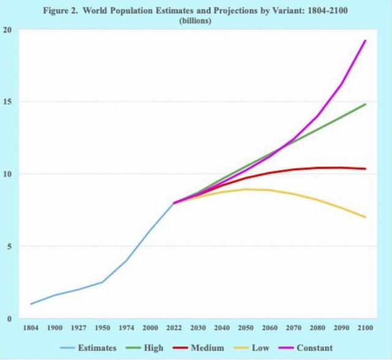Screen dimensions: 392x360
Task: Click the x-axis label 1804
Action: (31, 328)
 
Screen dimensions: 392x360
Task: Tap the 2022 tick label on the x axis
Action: (174, 328)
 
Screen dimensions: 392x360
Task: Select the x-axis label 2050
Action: (246, 328)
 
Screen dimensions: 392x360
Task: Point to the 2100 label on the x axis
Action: (365, 328)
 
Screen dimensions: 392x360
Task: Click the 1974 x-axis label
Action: (126, 328)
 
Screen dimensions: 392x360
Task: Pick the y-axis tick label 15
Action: (7, 102)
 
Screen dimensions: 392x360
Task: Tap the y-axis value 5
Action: (9, 246)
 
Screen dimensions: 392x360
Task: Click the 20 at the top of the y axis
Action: (7, 30)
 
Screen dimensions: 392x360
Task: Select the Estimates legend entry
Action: (97, 348)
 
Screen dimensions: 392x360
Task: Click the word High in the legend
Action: (154, 348)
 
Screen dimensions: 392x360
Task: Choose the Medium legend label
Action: (208, 348)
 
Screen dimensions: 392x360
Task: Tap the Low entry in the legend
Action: (260, 348)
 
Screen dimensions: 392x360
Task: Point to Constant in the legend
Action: (314, 348)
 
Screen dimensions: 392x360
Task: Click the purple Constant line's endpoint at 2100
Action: (365, 40)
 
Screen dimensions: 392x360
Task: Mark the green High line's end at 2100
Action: (365, 104)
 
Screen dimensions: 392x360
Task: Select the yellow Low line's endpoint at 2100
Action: (365, 217)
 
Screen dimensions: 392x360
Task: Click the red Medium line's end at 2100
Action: (365, 169)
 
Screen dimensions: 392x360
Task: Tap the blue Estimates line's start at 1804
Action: (31, 304)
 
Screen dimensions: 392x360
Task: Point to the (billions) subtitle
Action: (195, 20)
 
